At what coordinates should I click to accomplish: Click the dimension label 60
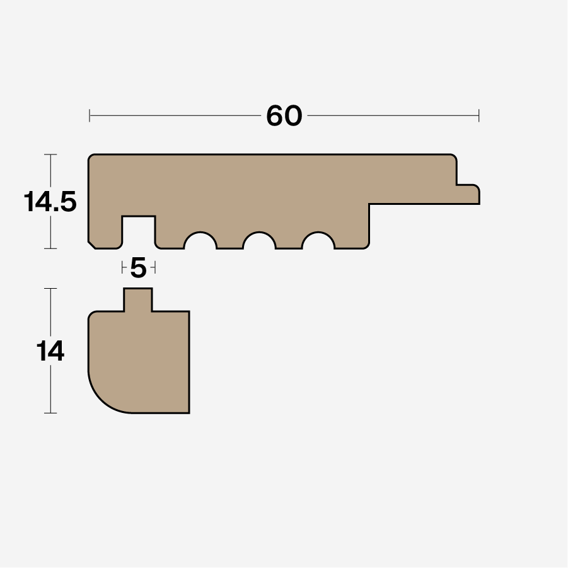(x=284, y=116)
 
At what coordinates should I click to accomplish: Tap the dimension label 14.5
(x=50, y=202)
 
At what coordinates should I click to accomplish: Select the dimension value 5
(x=138, y=269)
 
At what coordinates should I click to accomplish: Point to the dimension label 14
(x=50, y=352)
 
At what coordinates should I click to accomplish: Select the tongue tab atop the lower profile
(x=137, y=299)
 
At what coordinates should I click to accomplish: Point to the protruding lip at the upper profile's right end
(x=468, y=194)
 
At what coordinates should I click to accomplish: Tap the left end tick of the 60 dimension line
(x=90, y=115)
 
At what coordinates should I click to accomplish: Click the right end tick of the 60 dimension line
(x=479, y=115)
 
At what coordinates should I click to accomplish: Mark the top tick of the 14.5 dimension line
(x=50, y=154)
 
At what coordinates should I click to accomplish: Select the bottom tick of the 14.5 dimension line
(x=50, y=248)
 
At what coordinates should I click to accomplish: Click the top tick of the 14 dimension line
(x=50, y=289)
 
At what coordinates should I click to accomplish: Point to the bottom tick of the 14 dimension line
(x=50, y=413)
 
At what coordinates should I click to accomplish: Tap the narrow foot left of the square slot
(x=105, y=233)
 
